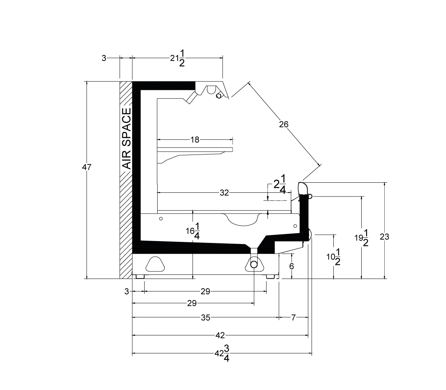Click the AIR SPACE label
(126, 139)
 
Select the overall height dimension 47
(87, 168)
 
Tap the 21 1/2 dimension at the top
(178, 58)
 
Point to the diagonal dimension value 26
(284, 124)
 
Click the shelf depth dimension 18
(195, 140)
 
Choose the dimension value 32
(224, 193)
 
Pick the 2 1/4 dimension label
(280, 184)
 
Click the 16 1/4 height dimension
(193, 231)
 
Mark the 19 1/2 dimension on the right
(362, 238)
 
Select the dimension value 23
(385, 237)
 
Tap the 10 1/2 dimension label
(333, 257)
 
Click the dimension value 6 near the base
(292, 266)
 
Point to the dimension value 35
(206, 318)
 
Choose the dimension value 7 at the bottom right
(293, 318)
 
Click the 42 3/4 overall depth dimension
(222, 353)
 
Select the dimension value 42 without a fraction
(220, 335)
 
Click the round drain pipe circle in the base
(254, 264)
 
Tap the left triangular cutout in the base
(155, 264)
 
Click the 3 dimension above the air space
(104, 58)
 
